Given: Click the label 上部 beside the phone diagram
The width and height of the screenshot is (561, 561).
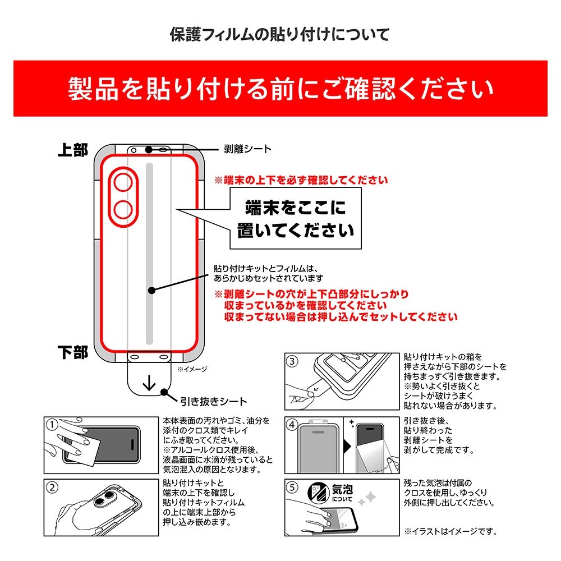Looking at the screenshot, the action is click(72, 150).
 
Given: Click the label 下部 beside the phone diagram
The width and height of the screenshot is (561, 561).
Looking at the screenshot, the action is click(72, 352).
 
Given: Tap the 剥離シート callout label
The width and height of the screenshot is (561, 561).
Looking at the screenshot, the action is click(247, 149).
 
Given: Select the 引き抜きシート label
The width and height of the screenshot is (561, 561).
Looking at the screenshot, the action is click(214, 402).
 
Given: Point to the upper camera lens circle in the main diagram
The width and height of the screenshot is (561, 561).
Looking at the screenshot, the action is click(123, 182).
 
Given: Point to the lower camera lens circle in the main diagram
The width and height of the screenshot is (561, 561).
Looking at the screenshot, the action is click(123, 210).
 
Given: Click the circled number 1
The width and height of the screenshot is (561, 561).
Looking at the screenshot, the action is click(52, 425).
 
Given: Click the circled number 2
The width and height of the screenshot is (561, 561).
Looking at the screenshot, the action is click(52, 488).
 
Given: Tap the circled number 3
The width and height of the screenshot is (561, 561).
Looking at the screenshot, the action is click(292, 361).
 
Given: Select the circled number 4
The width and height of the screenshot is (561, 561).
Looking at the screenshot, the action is click(292, 425).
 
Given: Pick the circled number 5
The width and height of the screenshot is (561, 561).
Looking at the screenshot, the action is click(292, 488).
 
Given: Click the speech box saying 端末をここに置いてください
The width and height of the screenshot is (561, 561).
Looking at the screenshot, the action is click(296, 218).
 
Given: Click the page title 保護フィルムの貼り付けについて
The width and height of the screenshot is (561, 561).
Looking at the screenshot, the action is click(280, 34).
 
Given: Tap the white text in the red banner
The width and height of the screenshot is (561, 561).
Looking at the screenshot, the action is click(281, 89).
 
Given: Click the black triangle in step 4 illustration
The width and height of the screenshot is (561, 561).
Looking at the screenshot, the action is click(347, 447).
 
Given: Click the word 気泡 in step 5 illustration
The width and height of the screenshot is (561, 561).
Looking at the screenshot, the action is click(342, 489).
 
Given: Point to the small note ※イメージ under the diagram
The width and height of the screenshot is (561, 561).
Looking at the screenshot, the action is click(192, 369).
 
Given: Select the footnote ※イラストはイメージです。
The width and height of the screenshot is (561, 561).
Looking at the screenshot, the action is click(451, 531).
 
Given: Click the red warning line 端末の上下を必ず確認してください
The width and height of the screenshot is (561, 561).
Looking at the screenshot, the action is click(301, 180).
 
